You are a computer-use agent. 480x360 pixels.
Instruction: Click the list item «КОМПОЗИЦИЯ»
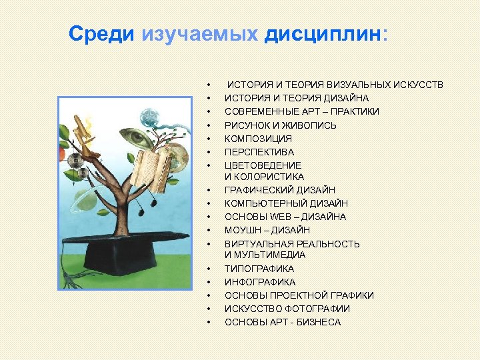258,139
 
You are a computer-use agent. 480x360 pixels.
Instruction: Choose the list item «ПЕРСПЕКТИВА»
259,152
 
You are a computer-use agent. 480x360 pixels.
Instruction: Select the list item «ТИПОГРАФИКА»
259,269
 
